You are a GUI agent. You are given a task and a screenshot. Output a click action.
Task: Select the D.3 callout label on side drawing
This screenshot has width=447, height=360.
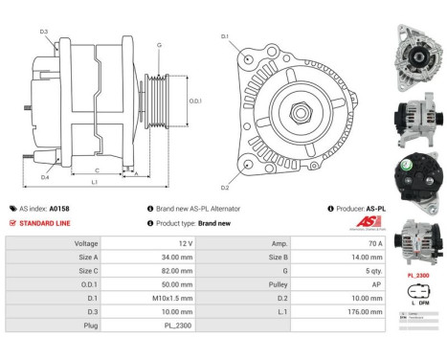coord(45,33)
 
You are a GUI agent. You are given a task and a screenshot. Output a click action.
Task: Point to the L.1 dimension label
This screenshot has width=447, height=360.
coord(94,181)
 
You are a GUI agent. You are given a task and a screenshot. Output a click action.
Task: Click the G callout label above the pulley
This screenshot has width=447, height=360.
coord(159,45)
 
